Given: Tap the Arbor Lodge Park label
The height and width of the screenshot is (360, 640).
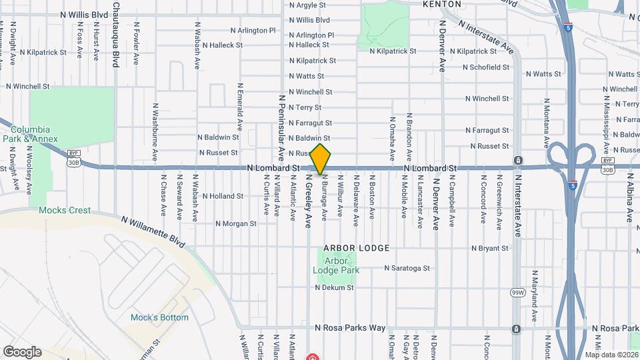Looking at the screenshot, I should tap(337, 265).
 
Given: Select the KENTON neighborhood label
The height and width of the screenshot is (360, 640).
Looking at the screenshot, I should tap(442, 4).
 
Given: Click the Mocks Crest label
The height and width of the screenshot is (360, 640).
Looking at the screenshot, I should tap(65, 210).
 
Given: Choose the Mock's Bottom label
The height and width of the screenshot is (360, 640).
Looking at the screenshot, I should tap(159, 317).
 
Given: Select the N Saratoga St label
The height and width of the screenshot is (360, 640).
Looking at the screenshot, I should tap(407, 268).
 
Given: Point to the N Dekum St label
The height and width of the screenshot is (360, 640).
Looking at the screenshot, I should tap(334, 288).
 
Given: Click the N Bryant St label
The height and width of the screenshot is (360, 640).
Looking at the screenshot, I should tap(489, 248).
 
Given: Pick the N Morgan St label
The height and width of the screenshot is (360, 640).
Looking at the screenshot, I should tap(236, 224).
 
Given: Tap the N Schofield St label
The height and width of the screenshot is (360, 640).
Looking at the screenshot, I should tap(486, 67).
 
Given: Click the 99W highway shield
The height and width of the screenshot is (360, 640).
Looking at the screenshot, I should tap(518, 293).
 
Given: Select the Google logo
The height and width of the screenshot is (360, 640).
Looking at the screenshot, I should tap(22, 351).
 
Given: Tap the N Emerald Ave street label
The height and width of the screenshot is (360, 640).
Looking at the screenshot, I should tap(238, 107).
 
